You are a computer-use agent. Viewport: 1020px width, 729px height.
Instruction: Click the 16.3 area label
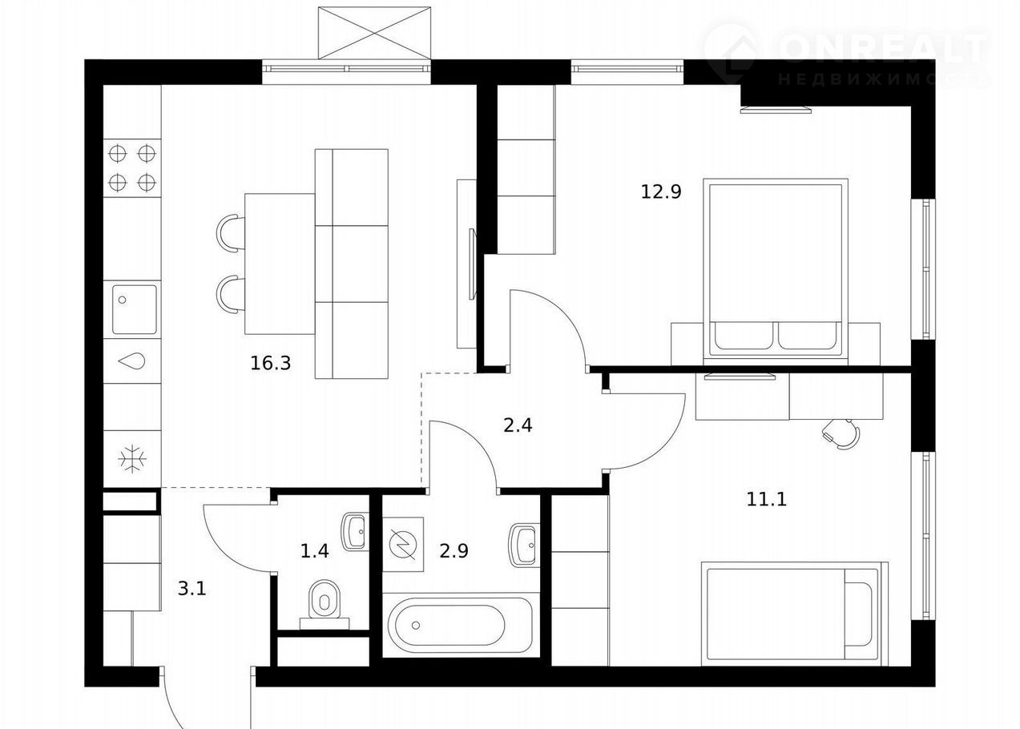pos(271,363)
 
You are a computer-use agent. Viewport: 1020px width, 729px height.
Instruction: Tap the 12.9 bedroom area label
pos(661,191)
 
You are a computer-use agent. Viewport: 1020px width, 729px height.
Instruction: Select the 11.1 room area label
pos(766,500)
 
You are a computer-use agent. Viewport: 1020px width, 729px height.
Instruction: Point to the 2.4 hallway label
pos(518,425)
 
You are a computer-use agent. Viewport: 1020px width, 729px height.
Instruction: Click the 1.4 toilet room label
pos(314,551)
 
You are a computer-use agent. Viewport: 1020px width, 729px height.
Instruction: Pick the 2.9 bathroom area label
pos(454,551)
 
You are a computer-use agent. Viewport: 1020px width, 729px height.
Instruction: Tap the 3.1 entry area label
pos(192,589)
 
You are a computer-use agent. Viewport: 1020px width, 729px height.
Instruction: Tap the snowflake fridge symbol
pos(132,458)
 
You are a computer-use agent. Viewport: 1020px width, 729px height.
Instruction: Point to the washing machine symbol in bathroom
pos(403,544)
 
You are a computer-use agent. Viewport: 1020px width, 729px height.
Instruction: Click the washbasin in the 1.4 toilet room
pos(354,531)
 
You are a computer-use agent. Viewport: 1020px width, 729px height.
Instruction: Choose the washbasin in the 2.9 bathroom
pos(522,545)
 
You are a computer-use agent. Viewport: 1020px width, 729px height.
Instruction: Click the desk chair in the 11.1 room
pos(841,433)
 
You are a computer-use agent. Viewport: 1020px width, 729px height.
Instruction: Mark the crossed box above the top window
pos(374,33)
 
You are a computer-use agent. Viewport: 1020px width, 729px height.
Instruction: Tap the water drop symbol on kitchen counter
pos(132,361)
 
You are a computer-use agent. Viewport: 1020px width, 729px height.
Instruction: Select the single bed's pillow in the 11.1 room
pos(858,614)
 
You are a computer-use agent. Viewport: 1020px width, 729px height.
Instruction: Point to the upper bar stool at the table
pos(231,232)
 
